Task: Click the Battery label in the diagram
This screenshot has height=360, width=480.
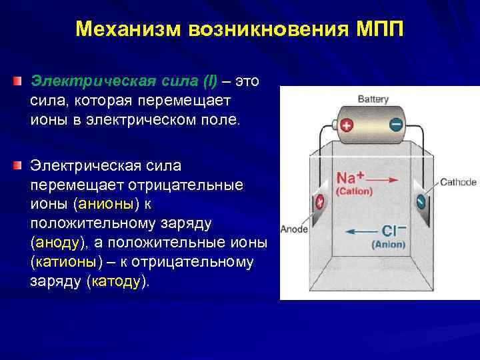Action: (373, 99)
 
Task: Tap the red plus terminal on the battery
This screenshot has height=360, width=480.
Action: (346, 125)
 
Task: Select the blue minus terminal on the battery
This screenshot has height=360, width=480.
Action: (395, 124)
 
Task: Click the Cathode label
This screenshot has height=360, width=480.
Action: (458, 182)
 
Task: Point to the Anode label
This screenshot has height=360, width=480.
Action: (293, 229)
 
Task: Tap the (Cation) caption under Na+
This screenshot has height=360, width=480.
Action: (354, 191)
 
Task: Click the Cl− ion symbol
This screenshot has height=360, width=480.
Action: (391, 231)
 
